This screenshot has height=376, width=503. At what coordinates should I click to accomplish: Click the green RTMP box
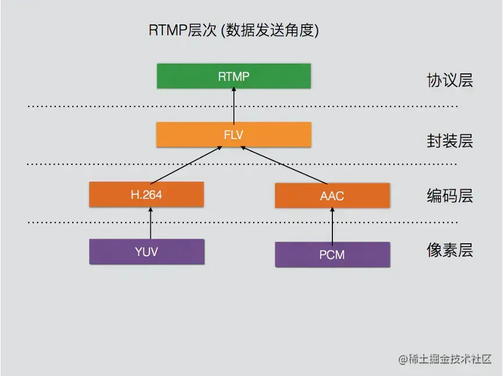[233, 76]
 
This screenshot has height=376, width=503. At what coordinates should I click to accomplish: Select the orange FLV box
[233, 134]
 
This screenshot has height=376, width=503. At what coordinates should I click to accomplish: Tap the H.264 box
[146, 194]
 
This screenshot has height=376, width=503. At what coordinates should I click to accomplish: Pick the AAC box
[332, 196]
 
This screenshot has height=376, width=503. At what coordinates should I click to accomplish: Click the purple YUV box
[146, 251]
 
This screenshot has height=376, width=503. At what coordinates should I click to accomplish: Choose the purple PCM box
[332, 254]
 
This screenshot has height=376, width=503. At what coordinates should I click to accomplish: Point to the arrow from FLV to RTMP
[233, 105]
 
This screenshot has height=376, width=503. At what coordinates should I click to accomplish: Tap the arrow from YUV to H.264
[150, 223]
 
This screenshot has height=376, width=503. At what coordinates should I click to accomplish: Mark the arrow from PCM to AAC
[332, 225]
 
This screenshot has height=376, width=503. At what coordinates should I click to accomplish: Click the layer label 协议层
[449, 80]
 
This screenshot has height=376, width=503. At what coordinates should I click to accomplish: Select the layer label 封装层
[449, 141]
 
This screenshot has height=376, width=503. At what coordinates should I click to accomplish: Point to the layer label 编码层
[449, 196]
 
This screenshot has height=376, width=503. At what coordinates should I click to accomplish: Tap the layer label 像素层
[449, 251]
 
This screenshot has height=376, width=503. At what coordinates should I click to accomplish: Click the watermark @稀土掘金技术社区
[445, 359]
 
